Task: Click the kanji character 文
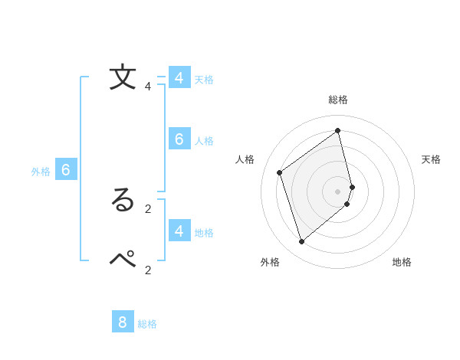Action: coord(123,77)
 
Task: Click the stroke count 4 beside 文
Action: coord(148,87)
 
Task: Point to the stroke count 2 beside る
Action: coord(148,208)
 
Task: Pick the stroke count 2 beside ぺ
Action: coord(148,269)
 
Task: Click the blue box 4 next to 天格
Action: coord(179,78)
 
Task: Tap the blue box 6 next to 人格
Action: coord(179,139)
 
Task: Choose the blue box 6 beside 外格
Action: coord(66,170)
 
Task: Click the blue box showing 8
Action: coord(122,322)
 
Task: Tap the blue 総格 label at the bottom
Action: coord(147,324)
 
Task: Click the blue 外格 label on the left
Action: coord(41,172)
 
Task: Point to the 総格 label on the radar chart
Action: coord(338,100)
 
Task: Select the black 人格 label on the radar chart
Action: coord(245,159)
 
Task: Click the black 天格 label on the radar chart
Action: coord(431,159)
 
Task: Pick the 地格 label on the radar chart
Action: coord(402,262)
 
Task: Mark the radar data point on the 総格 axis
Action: coord(338,130)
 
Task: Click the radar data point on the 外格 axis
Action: coord(301,242)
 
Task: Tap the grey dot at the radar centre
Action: coord(338,191)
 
